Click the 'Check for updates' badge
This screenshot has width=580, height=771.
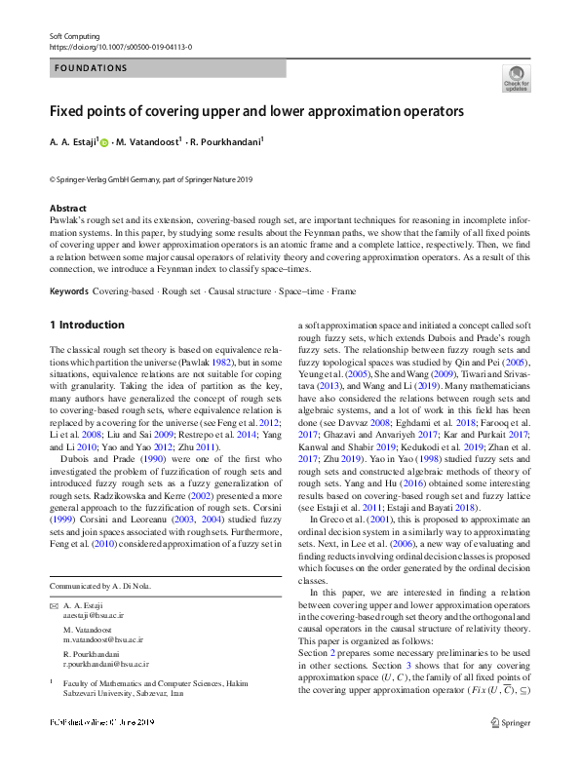[516, 79]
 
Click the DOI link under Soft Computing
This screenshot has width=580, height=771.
[120, 46]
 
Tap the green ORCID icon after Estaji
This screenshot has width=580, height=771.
[104, 142]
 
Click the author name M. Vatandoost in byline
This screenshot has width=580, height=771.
[147, 142]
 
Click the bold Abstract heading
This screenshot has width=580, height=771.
[68, 209]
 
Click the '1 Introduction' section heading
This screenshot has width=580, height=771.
[87, 325]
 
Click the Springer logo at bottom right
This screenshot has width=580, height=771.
[515, 750]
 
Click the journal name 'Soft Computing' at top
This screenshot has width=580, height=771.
[75, 35]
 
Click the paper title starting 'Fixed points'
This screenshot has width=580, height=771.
[256, 111]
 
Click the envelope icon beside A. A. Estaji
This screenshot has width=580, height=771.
[54, 605]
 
